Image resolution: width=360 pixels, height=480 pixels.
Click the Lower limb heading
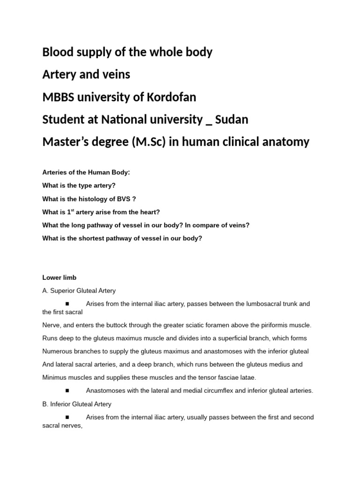60,277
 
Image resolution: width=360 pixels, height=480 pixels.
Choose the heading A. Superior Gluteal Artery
79,291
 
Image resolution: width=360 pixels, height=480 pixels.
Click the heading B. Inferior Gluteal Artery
77,404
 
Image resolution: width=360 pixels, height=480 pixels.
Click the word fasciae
225,377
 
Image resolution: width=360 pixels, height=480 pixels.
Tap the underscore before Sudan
209,123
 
